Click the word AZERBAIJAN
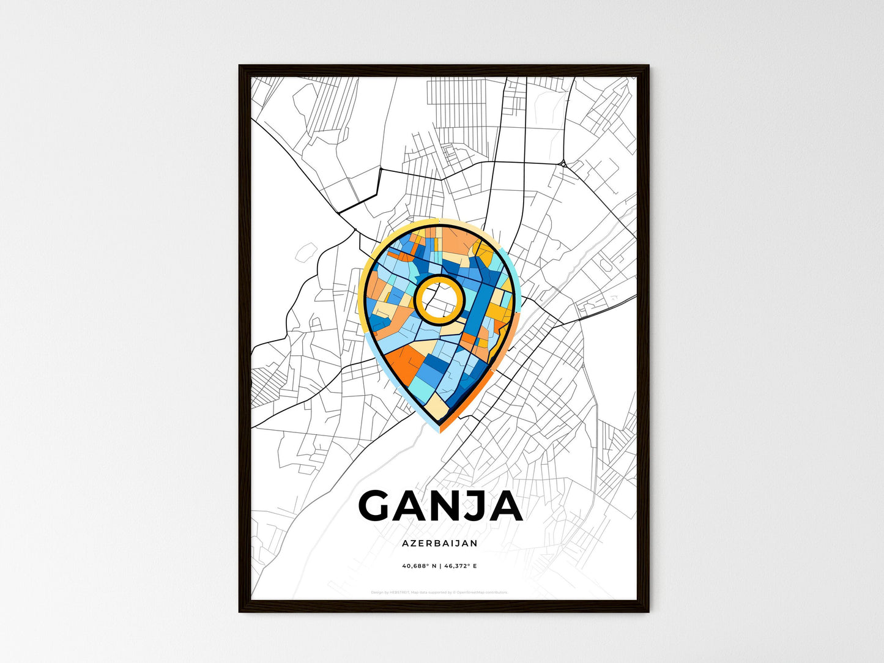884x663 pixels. tap(440, 543)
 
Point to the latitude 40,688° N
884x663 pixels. tap(418, 566)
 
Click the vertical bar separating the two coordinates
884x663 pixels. tap(440, 566)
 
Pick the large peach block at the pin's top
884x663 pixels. tap(456, 242)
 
